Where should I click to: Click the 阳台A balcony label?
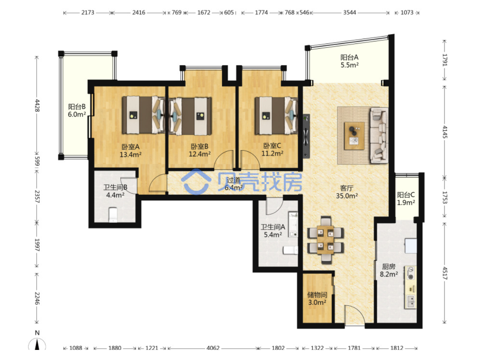pos(349,61)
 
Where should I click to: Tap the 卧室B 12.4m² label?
pos(199,150)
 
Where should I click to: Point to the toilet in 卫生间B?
pos(113,214)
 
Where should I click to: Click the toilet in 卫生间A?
pos(290,250)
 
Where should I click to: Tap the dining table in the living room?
pos(325,240)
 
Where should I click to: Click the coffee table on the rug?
pos(354,136)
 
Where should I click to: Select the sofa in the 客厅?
pos(379,136)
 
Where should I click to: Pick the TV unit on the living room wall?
pos(306,136)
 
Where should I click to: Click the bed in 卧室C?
pos(276,115)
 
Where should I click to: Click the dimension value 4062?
pos(213,348)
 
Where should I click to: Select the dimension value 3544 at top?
pos(349,12)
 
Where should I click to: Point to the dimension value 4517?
pos(444,273)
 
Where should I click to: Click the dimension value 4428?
pos(37,105)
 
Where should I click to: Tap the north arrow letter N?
pos(37,333)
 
